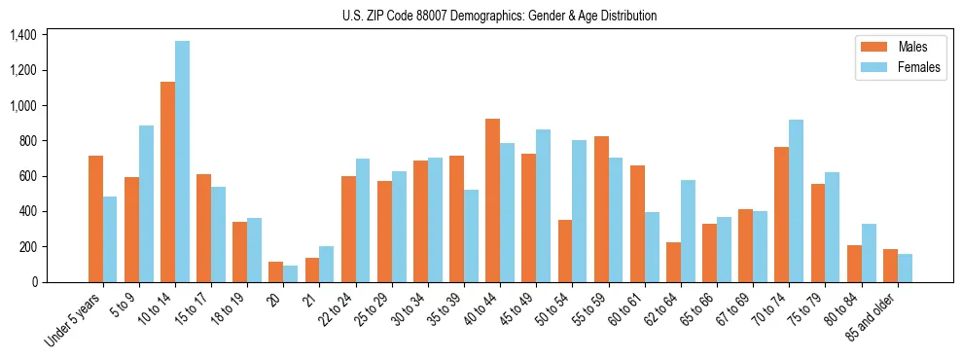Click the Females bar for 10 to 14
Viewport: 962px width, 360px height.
[183, 162]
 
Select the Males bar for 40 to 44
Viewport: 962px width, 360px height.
[492, 200]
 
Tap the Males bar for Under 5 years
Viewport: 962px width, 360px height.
[95, 219]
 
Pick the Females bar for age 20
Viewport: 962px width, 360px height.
[291, 273]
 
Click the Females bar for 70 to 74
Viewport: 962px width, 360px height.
[796, 200]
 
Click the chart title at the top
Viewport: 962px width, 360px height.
[499, 16]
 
